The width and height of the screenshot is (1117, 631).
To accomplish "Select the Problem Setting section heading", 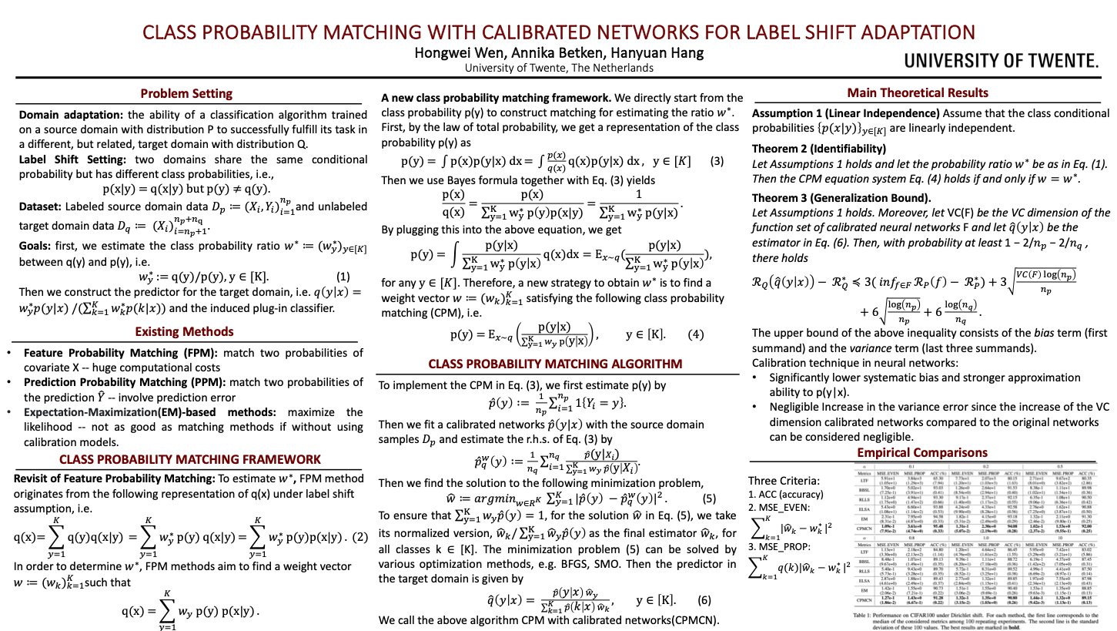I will [186, 93].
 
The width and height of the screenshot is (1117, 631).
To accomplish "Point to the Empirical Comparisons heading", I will [923, 452].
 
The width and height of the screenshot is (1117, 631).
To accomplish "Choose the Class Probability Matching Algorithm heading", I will [555, 364].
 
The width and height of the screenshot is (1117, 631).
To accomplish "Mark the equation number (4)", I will [695, 334].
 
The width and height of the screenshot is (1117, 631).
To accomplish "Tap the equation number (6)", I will [704, 579].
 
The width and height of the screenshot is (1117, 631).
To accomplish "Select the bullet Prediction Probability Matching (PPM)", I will [122, 381].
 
